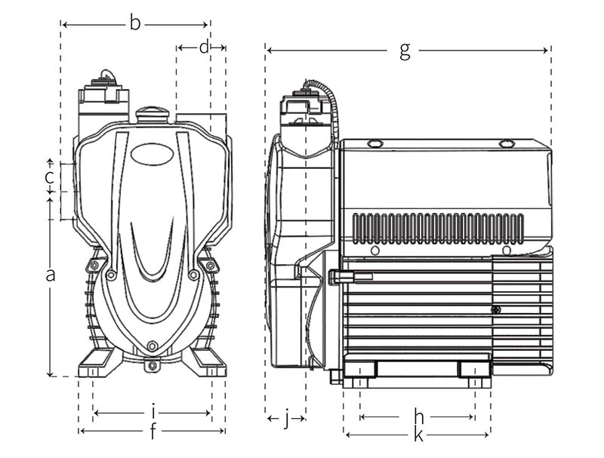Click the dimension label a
(51, 275)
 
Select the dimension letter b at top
(135, 24)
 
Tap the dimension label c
(48, 178)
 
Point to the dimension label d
(204, 47)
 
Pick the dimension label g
(405, 51)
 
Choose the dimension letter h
(419, 416)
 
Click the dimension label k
(418, 435)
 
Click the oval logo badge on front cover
(152, 154)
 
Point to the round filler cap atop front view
(152, 114)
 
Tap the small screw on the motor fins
(495, 310)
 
